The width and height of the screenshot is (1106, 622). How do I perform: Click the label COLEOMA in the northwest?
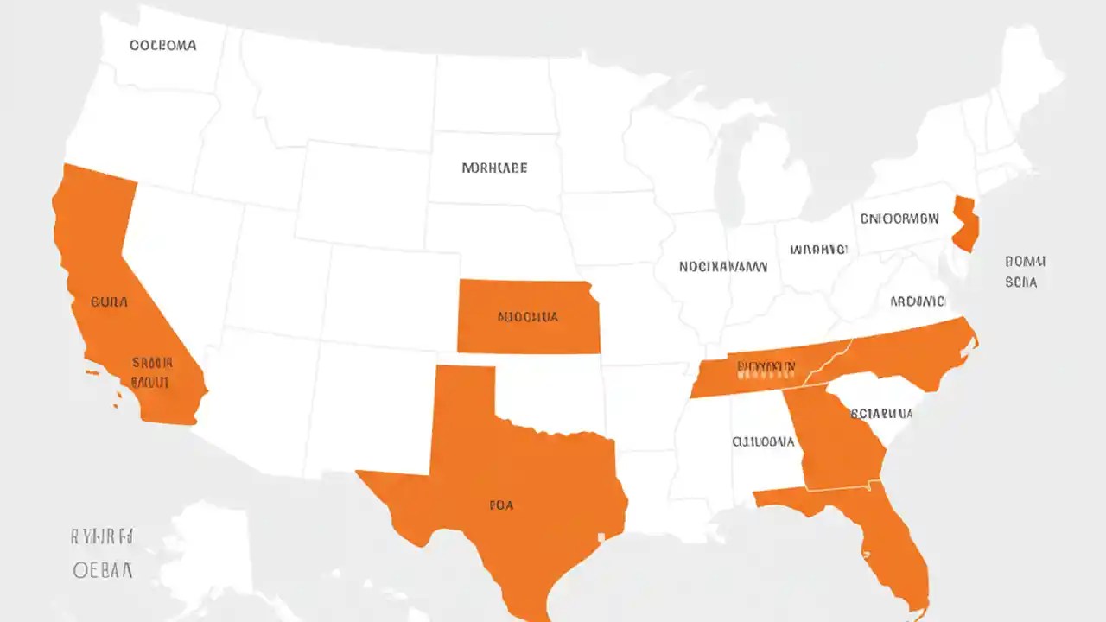(162, 45)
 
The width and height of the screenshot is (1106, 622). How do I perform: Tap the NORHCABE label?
(494, 168)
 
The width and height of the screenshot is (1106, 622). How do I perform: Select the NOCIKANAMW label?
(722, 267)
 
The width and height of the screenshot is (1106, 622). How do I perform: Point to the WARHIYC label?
(818, 250)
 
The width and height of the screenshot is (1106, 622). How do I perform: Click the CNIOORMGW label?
(899, 219)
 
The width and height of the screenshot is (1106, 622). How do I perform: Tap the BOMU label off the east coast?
(1025, 260)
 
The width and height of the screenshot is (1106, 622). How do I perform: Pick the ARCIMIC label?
(918, 301)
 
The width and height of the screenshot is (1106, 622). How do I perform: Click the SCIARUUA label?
(881, 413)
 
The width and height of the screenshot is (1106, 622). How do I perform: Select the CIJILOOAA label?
(763, 441)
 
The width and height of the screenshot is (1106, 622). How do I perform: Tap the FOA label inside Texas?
(500, 505)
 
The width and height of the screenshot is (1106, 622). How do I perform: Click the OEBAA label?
(102, 570)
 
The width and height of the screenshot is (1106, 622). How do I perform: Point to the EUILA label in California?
(109, 302)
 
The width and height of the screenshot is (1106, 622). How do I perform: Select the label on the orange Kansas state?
(528, 317)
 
